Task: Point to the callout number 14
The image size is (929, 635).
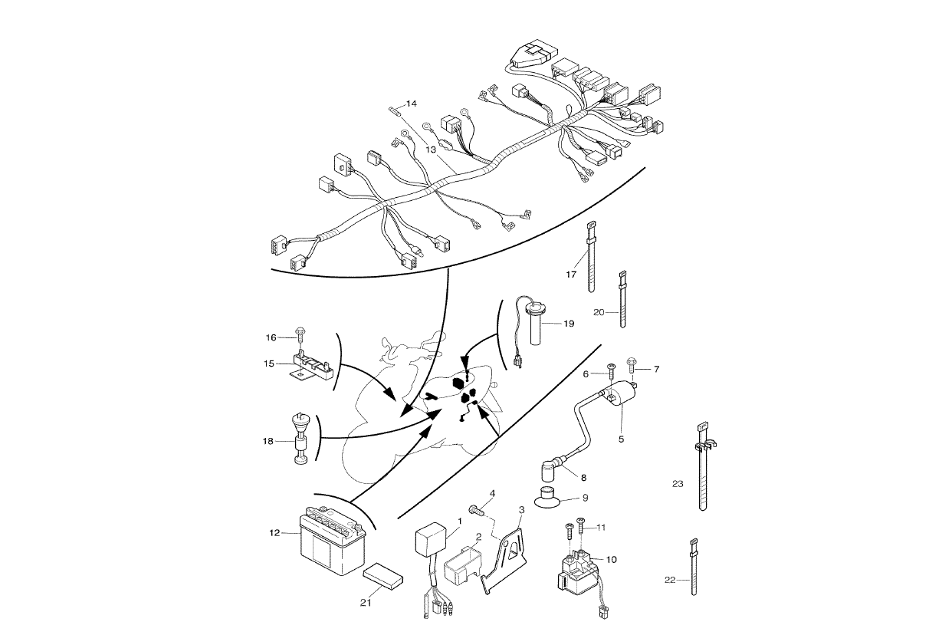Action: [412, 103]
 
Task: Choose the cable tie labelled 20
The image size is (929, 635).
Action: [623, 299]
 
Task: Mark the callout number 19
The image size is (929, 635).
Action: [568, 324]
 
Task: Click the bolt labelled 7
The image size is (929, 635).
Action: [632, 360]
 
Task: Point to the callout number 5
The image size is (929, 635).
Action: [622, 439]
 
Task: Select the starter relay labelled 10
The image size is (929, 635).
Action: [579, 571]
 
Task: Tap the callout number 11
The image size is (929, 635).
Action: [602, 528]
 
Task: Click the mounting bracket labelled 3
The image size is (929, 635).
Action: [507, 554]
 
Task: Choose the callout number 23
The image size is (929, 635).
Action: [677, 484]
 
